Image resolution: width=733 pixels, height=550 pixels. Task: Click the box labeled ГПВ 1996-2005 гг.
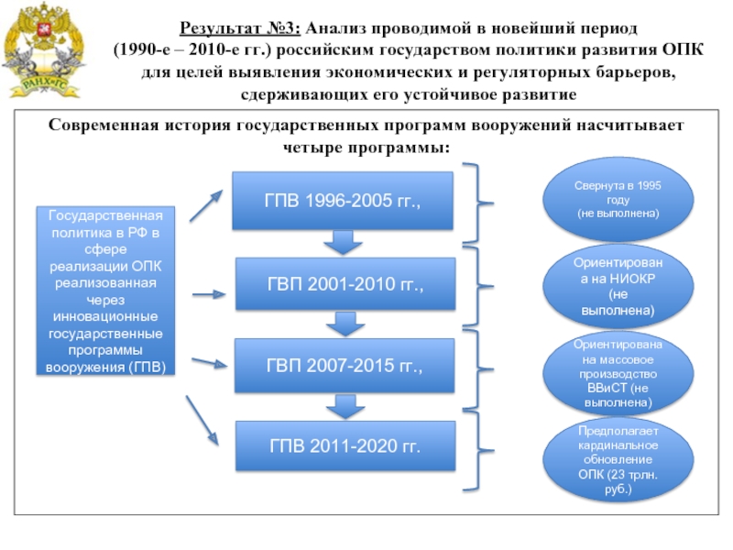pyautogui.click(x=343, y=201)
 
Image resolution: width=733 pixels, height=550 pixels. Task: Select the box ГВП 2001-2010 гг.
pyautogui.click(x=345, y=284)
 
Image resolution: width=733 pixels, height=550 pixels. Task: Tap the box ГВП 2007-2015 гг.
pyautogui.click(x=345, y=365)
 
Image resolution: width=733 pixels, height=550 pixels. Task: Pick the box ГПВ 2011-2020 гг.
pyautogui.click(x=345, y=445)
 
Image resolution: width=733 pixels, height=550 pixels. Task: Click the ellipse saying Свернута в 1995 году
pyautogui.click(x=618, y=199)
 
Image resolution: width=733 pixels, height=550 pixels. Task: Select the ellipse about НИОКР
pyautogui.click(x=618, y=286)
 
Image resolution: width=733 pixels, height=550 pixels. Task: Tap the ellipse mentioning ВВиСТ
pyautogui.click(x=618, y=373)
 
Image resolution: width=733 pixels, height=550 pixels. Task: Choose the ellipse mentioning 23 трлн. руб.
pyautogui.click(x=618, y=460)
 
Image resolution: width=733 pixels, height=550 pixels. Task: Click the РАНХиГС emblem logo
pyautogui.click(x=43, y=49)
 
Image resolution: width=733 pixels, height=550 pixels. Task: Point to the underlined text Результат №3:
pyautogui.click(x=240, y=28)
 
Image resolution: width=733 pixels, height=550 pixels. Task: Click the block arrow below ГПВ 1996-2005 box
pyautogui.click(x=343, y=242)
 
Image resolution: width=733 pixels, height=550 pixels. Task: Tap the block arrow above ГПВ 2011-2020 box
pyautogui.click(x=345, y=406)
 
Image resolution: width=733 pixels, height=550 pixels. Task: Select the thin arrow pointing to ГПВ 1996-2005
pyautogui.click(x=206, y=205)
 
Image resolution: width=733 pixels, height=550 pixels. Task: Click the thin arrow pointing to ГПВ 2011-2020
pyautogui.click(x=202, y=421)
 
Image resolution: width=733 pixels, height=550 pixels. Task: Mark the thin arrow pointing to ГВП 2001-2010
pyautogui.click(x=209, y=294)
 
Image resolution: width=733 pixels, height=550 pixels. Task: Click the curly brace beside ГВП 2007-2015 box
pyautogui.click(x=477, y=369)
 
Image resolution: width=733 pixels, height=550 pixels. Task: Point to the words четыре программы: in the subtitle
pyautogui.click(x=366, y=148)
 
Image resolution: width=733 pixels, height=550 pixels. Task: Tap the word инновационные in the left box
pyautogui.click(x=105, y=316)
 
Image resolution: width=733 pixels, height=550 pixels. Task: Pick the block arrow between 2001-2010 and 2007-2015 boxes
pyautogui.click(x=345, y=324)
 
